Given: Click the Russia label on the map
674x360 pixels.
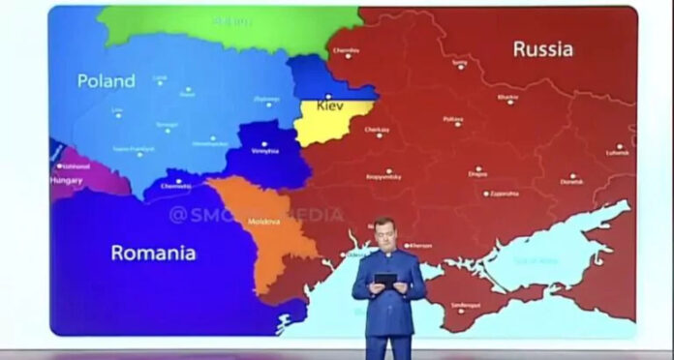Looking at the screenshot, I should coord(542,48).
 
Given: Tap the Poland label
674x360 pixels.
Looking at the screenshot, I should coord(107,81).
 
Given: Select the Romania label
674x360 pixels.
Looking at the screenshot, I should coord(153,253).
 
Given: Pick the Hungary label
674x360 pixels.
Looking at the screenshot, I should coord(66,180).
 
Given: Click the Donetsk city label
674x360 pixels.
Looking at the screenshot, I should coord(571,181).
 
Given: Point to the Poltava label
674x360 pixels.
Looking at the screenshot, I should coord(452,121).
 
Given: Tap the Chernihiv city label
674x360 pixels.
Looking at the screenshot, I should coord(346,50).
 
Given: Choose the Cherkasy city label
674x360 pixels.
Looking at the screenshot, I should coord(377,129).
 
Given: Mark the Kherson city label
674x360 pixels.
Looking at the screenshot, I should coord(419,245).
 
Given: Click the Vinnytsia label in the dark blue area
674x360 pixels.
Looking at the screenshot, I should coord(264,151).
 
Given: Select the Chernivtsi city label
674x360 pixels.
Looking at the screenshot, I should coord(176,184).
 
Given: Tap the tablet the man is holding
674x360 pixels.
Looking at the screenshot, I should coord(385,279).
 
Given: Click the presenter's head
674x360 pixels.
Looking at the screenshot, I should coord(384,232).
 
